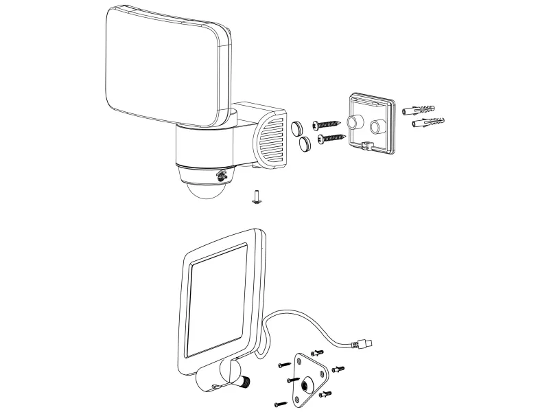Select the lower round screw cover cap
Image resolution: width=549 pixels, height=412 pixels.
click(305, 143)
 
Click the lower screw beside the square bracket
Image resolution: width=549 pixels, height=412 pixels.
click(331, 139)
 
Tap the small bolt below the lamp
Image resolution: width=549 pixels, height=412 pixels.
click(256, 198)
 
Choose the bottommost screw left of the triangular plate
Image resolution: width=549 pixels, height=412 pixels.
click(279, 402)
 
